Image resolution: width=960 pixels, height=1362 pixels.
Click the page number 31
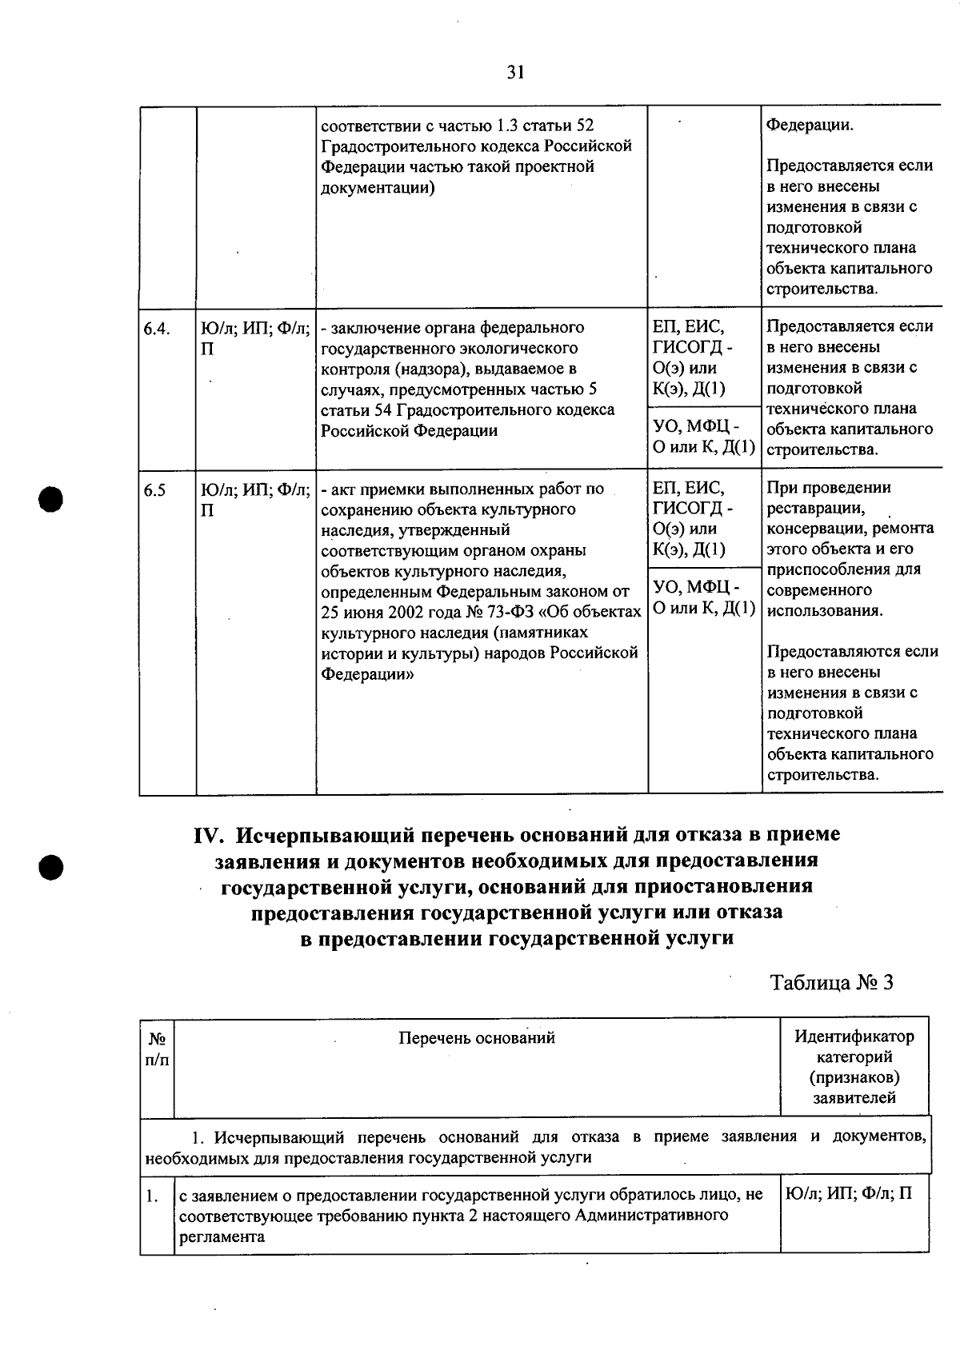(x=516, y=73)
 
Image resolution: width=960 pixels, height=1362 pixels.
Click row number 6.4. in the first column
(x=158, y=329)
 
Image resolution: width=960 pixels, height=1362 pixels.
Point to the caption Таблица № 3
(x=831, y=982)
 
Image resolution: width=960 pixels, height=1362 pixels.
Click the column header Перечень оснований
(x=476, y=1038)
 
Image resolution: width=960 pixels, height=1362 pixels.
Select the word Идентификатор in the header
(x=854, y=1036)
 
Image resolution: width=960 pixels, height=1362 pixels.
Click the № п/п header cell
(x=157, y=1048)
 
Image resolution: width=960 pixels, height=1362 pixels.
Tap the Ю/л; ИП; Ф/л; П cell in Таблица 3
(x=849, y=1195)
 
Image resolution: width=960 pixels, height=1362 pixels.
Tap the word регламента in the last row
(x=222, y=1236)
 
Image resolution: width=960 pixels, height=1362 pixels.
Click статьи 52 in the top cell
(x=564, y=126)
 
